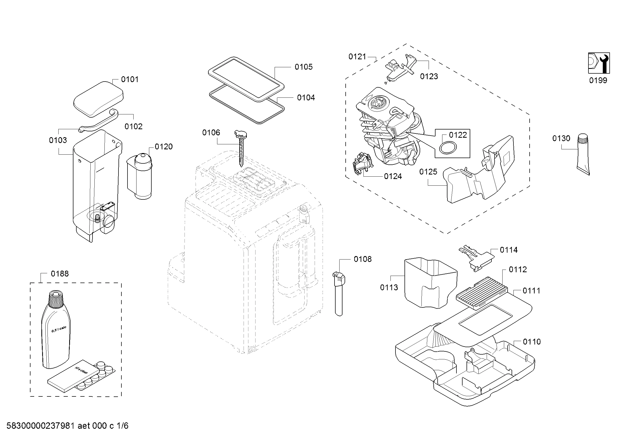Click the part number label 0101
click(x=130, y=79)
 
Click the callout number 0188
click(x=60, y=274)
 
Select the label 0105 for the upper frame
click(x=304, y=67)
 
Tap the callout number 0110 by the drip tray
click(x=532, y=342)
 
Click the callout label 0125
click(x=428, y=172)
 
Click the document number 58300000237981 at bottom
click(x=41, y=426)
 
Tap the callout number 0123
click(x=429, y=76)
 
